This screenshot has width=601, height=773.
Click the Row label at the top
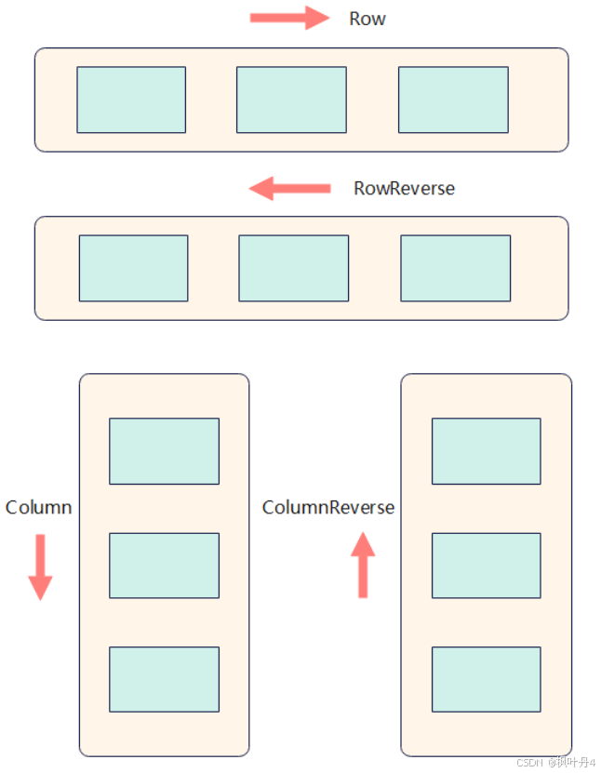(x=367, y=19)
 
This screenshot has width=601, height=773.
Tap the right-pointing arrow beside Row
(x=290, y=19)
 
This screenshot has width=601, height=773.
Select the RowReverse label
(x=404, y=188)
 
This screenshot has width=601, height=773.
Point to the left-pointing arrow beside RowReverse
(x=289, y=189)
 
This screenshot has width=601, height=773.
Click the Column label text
(x=38, y=507)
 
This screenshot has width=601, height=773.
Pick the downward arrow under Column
(x=40, y=566)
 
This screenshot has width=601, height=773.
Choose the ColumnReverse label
(x=327, y=507)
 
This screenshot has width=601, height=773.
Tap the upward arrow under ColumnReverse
(x=363, y=564)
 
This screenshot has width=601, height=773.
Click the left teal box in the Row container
(x=131, y=100)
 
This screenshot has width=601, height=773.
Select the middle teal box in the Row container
(x=291, y=100)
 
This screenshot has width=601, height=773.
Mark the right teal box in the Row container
(x=453, y=100)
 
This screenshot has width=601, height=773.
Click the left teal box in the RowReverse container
(x=133, y=268)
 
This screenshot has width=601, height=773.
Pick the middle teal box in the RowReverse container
(x=293, y=268)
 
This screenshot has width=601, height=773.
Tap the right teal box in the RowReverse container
(x=455, y=268)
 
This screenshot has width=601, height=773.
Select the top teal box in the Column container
(x=164, y=451)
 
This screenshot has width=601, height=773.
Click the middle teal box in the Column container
(x=164, y=566)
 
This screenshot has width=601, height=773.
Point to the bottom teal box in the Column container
(x=164, y=679)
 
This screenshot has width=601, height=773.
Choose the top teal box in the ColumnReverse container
(x=486, y=451)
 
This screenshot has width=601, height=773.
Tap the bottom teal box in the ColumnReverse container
(x=486, y=679)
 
